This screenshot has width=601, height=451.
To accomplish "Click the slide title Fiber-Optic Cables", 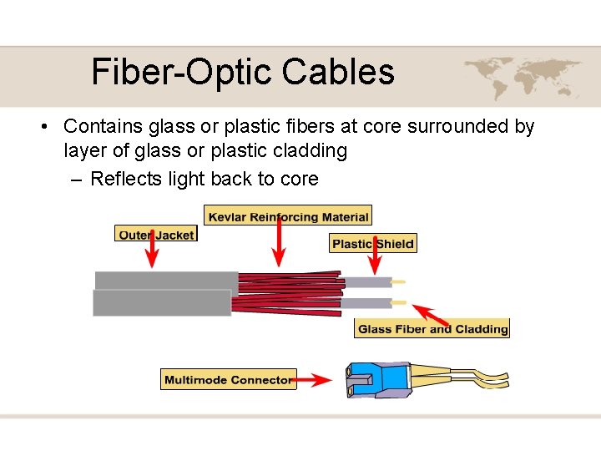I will pos(242,72).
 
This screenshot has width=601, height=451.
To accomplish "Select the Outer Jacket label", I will pos(156,235).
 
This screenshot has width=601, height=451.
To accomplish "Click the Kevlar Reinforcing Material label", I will pos(288,216).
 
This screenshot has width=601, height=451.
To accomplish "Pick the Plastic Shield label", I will pos(373,244).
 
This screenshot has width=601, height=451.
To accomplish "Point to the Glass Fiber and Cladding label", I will pos(432,329).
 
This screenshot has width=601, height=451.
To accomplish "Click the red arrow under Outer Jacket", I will pos(152,255).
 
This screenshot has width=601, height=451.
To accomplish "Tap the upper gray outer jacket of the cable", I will pos(166,280).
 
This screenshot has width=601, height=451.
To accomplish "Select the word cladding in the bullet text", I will pos(312,151).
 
